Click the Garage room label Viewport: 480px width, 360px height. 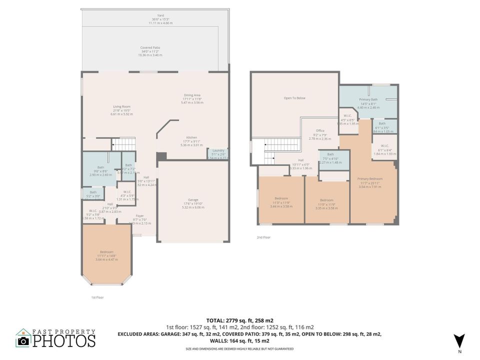(192, 200)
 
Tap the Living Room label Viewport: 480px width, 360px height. (121, 106)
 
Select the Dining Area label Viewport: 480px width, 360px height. (192, 95)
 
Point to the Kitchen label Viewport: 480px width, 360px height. (192, 137)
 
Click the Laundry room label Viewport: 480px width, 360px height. (218, 150)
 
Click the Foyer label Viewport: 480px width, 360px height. (140, 216)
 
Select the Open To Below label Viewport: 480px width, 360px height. (294, 98)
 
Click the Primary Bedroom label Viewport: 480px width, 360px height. (369, 178)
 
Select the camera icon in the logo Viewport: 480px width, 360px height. (23, 341)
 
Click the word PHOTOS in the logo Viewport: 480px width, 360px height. (64, 341)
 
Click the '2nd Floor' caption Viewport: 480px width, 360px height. (263, 237)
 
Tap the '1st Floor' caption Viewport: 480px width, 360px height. (97, 297)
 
